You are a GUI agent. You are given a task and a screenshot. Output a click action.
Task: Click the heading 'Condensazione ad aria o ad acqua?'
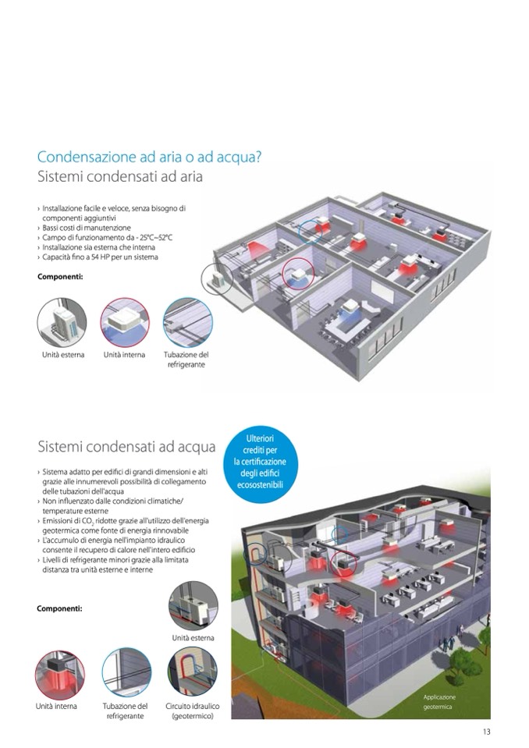click(149, 157)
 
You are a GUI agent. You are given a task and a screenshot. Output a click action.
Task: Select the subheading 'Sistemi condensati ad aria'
click(120, 176)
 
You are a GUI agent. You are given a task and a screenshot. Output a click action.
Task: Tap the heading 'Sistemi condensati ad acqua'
click(126, 447)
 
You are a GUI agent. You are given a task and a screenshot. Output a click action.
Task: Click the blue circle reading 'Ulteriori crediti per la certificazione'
click(260, 462)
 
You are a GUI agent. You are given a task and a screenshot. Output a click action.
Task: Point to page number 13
click(486, 732)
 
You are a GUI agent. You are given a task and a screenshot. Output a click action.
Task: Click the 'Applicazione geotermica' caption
click(438, 702)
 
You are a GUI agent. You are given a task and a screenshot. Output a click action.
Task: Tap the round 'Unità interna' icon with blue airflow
click(125, 322)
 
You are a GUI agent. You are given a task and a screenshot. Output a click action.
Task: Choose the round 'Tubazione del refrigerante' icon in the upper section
click(187, 322)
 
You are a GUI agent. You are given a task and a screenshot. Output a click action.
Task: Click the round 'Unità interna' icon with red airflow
click(59, 675)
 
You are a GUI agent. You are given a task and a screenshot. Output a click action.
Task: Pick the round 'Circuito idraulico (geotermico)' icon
click(192, 672)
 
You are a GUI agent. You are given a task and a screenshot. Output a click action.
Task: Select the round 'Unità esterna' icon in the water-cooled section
click(193, 606)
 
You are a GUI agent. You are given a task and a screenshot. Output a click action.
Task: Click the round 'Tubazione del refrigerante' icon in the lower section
click(126, 672)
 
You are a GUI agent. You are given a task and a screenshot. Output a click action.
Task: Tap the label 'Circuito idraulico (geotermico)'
click(192, 711)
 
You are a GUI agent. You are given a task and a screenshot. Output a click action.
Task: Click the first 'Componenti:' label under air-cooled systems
click(60, 276)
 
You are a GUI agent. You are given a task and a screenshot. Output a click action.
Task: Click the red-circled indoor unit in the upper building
click(299, 274)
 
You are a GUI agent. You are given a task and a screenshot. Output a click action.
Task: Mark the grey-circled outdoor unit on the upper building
click(217, 278)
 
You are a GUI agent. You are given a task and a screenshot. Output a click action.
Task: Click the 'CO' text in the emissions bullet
click(81, 520)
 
